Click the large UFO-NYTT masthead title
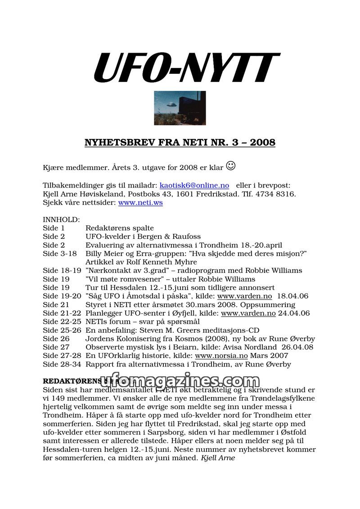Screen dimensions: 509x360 [186, 68]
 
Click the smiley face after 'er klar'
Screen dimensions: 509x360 [230, 165]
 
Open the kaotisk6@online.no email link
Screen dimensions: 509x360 [194, 185]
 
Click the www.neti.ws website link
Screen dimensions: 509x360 [140, 203]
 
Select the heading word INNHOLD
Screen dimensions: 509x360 [61, 220]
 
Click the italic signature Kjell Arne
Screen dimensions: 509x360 [218, 458]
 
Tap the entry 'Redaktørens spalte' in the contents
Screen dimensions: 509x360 [120, 228]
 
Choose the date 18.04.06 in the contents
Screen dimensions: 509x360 [293, 296]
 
